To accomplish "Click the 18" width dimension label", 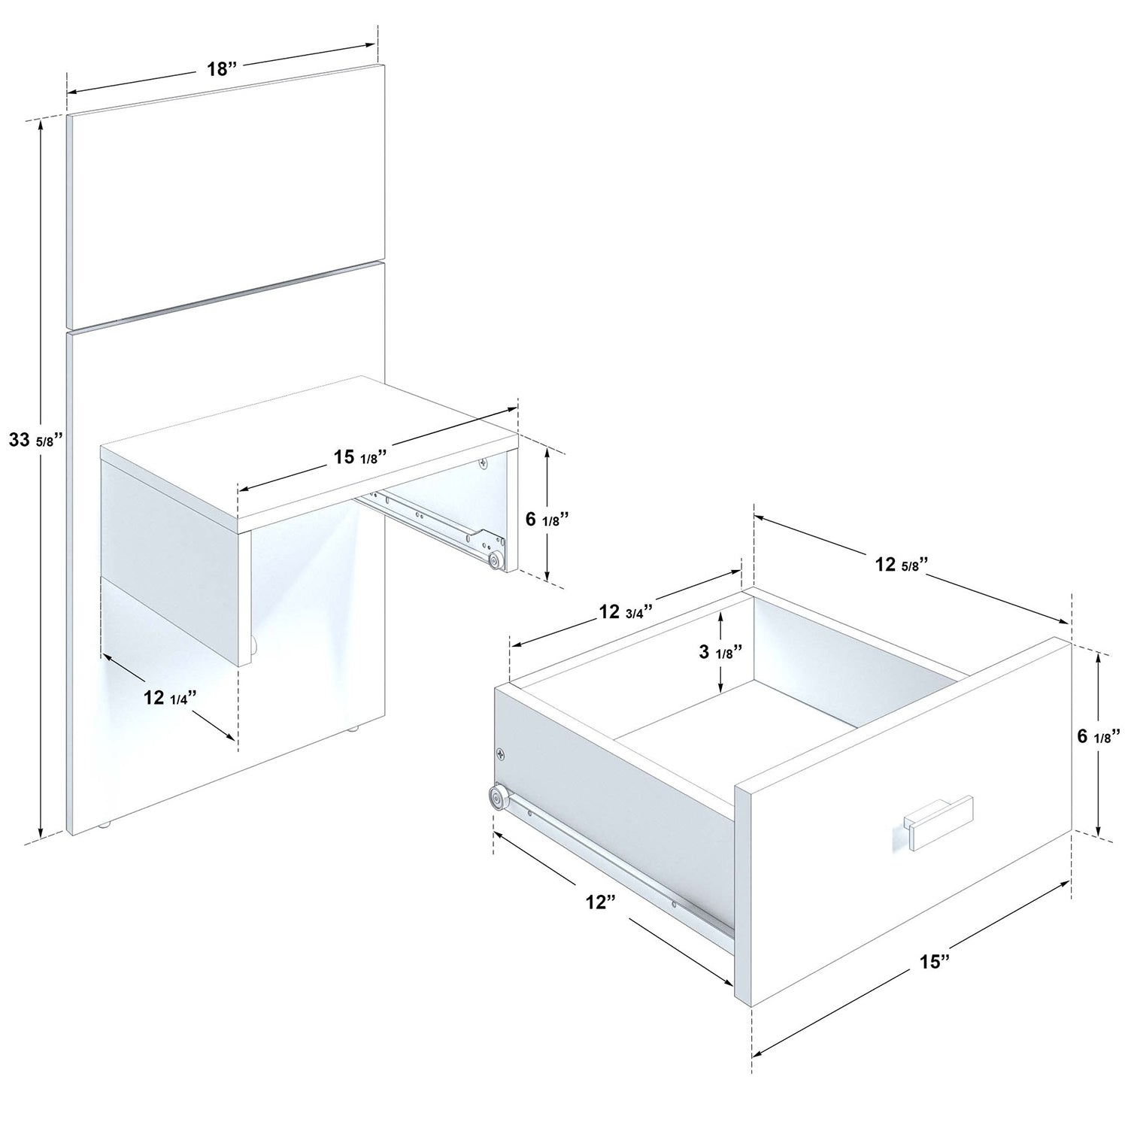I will [222, 69].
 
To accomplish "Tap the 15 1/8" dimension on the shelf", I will [359, 457].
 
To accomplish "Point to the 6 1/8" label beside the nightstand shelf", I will [547, 518].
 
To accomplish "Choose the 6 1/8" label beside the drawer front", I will [1099, 735].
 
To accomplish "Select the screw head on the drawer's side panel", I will [502, 753].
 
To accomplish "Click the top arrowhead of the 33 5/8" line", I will [41, 125].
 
